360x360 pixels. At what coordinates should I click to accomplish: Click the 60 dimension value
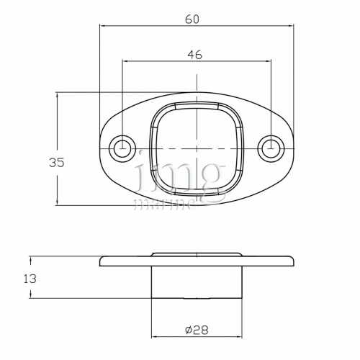click(192, 19)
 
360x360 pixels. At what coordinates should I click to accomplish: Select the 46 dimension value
click(194, 54)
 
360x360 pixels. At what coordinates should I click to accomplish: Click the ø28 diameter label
click(197, 330)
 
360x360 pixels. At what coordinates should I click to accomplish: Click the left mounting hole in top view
click(123, 148)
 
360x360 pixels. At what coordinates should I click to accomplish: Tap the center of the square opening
click(196, 148)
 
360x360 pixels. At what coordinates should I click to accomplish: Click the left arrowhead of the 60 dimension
click(102, 25)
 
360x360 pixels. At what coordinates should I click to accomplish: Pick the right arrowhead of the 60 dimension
click(291, 25)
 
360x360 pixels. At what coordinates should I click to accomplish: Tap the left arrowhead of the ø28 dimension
click(154, 336)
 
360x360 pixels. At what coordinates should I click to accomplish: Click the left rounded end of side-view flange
click(102, 261)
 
